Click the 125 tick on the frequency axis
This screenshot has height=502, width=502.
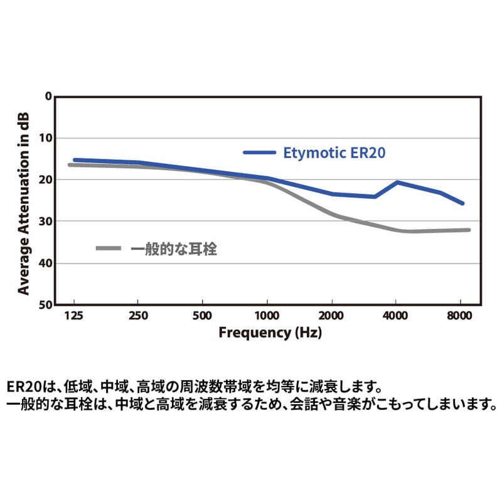click(x=74, y=316)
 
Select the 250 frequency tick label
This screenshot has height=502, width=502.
click(x=138, y=316)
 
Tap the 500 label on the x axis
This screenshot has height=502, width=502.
click(x=202, y=316)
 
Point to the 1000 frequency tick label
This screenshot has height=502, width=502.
click(x=267, y=316)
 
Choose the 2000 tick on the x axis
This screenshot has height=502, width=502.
click(x=331, y=316)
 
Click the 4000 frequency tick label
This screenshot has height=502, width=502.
click(x=395, y=316)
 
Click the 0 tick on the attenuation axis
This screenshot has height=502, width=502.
click(x=48, y=97)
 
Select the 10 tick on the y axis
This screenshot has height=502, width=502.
click(x=45, y=138)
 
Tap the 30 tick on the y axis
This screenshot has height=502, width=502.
click(x=45, y=222)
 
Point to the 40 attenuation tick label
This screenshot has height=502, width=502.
click(x=45, y=263)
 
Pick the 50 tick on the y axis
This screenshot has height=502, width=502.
click(x=45, y=305)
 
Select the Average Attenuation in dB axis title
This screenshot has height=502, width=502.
click(x=24, y=201)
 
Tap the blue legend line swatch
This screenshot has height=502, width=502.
click(x=259, y=152)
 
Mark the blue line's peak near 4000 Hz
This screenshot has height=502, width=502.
click(x=397, y=182)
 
